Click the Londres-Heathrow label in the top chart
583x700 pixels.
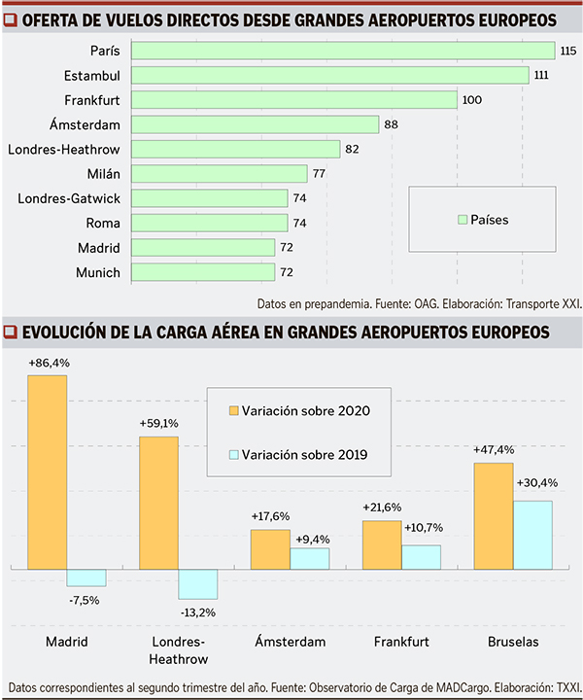[64, 150]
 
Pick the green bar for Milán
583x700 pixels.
[219, 174]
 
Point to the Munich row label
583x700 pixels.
[98, 272]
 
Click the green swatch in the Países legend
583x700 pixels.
[463, 220]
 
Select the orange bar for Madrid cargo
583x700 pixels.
[47, 471]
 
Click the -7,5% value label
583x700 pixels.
[85, 600]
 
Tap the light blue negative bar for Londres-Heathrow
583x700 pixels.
[198, 582]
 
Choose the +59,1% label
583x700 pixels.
[159, 423]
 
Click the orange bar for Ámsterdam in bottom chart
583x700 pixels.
[270, 548]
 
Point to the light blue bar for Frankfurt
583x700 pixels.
[421, 556]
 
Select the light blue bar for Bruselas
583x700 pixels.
[532, 534]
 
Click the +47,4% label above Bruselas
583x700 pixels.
[494, 450]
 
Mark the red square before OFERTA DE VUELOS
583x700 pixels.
[11, 19]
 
